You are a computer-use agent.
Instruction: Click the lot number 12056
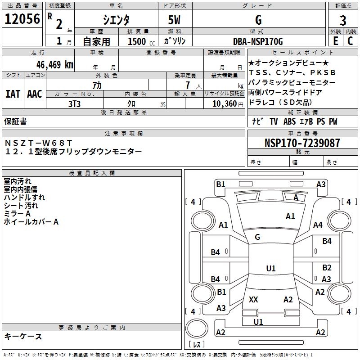pyautogui.click(x=22, y=19)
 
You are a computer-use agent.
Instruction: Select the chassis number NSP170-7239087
pyautogui.click(x=302, y=143)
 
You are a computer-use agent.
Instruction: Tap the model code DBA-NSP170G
pyautogui.click(x=258, y=41)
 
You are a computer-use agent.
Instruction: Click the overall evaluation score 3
pyautogui.click(x=343, y=20)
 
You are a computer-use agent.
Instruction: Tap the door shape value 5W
pyautogui.click(x=175, y=21)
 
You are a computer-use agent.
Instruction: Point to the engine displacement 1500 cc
pyautogui.click(x=140, y=41)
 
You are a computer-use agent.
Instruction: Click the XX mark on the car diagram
pyautogui.click(x=253, y=299)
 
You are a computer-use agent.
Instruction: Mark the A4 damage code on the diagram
pyautogui.click(x=318, y=225)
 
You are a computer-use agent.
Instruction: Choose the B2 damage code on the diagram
pyautogui.click(x=327, y=268)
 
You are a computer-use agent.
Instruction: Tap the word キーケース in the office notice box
pyautogui.click(x=23, y=336)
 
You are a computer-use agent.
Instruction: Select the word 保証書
pyautogui.click(x=15, y=121)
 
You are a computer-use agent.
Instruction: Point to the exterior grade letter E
pyautogui.click(x=335, y=41)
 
